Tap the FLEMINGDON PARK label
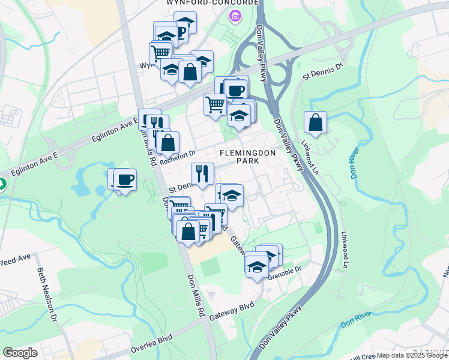pos(247,157)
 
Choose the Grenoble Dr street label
pos(288,278)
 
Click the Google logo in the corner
pos(20,352)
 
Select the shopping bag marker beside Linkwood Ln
pos(315,123)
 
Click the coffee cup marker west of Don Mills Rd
pos(124,179)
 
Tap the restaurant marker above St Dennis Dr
pos(202,174)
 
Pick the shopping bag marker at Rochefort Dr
pos(168,143)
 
